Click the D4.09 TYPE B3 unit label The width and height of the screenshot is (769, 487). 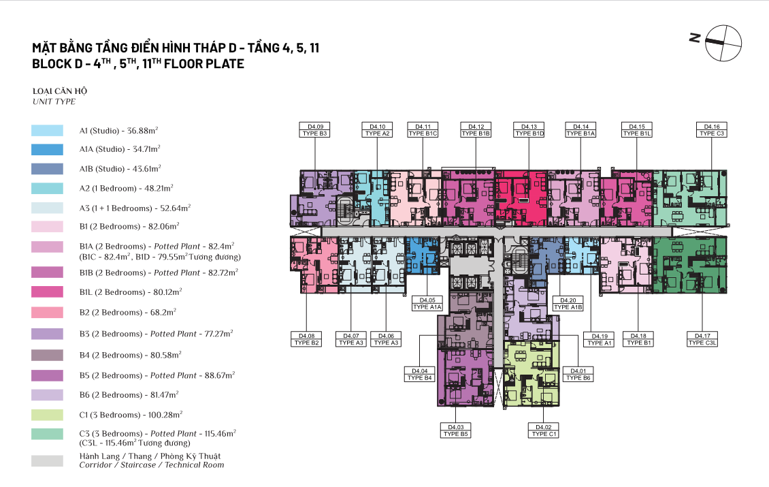(x=314, y=130)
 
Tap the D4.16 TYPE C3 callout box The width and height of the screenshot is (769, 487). (x=712, y=130)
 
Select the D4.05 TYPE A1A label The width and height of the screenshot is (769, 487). (x=427, y=303)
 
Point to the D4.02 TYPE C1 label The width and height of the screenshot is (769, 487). (x=543, y=430)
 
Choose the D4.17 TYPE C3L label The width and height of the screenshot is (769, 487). (x=702, y=339)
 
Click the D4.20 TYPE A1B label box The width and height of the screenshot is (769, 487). (x=568, y=303)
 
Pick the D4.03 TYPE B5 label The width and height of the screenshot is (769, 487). (x=455, y=430)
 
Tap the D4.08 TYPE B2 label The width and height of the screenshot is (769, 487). (x=306, y=339)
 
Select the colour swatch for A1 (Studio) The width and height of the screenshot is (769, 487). (x=47, y=131)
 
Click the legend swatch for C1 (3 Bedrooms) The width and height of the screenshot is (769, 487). (x=47, y=415)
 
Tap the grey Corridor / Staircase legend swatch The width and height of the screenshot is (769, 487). (x=47, y=460)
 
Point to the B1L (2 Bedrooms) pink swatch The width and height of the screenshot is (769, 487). (x=47, y=292)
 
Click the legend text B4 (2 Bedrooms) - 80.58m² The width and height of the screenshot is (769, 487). (x=131, y=355)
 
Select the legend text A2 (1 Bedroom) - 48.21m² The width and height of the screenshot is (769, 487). (x=126, y=189)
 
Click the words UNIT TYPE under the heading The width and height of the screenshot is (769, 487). (x=54, y=101)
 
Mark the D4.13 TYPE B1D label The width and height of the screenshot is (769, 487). (x=529, y=130)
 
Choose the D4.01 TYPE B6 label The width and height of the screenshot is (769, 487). (x=578, y=375)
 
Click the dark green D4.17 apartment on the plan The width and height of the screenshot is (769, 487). (x=690, y=265)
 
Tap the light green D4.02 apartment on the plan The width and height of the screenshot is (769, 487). (x=531, y=374)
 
